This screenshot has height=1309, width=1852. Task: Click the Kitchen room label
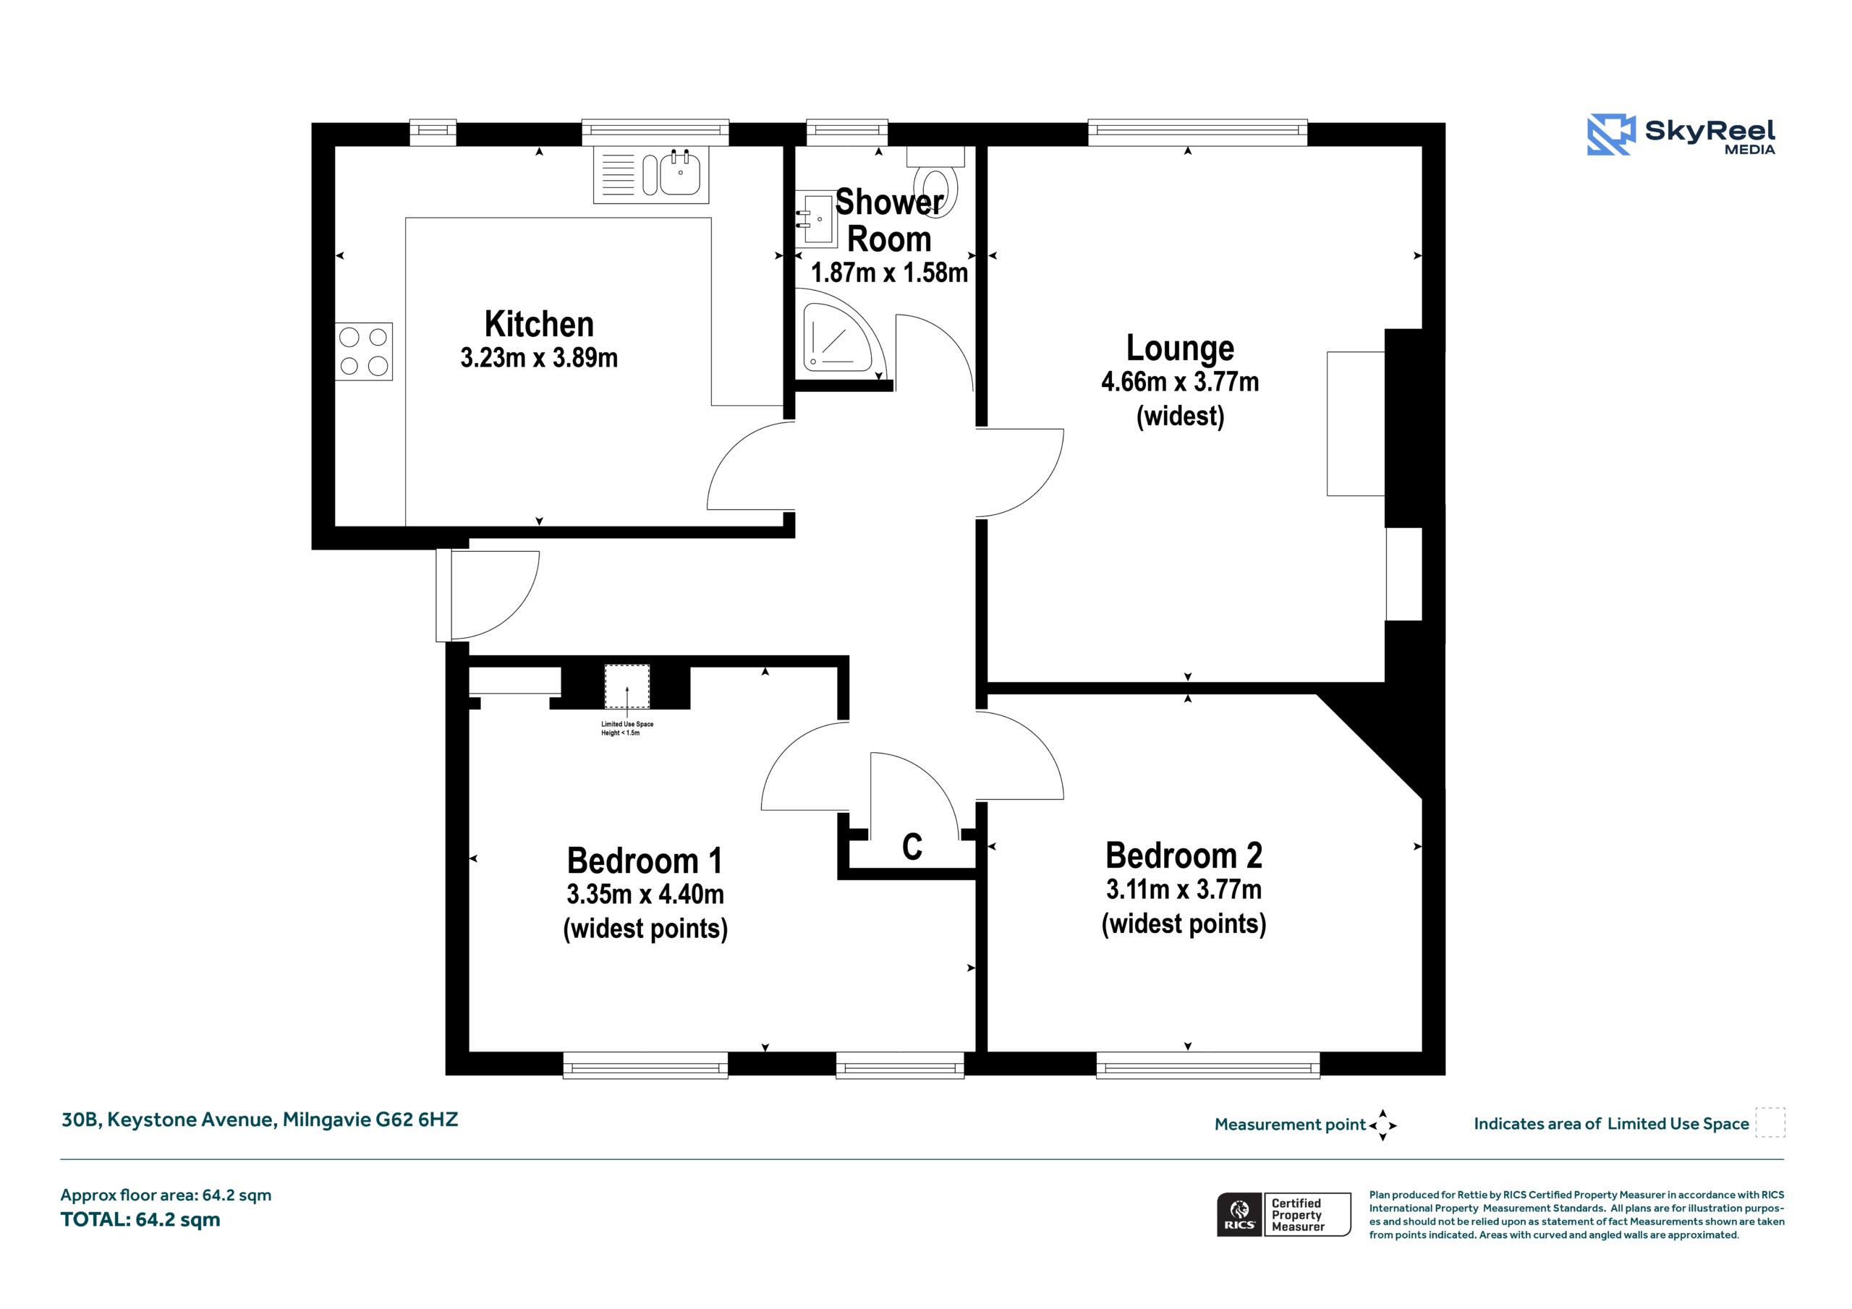tap(539, 324)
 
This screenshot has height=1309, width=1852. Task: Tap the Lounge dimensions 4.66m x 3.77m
tap(1180, 381)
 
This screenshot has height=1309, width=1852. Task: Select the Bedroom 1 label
tap(645, 861)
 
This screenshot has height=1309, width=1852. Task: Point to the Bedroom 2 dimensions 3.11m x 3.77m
tap(1184, 890)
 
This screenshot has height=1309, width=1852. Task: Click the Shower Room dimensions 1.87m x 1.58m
tap(889, 273)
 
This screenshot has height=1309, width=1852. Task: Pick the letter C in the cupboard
tap(912, 847)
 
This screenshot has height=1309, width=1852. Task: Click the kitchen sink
tap(651, 174)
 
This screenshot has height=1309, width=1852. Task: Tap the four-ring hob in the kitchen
tap(364, 351)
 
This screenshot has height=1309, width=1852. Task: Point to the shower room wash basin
tap(815, 218)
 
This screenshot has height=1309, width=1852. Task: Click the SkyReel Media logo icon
tap(1611, 134)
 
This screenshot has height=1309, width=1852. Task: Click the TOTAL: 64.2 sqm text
tap(140, 1219)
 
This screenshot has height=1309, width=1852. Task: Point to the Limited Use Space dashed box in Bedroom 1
tap(626, 687)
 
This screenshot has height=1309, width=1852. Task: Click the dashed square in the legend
tap(1770, 1122)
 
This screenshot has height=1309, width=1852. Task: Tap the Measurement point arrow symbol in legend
tap(1382, 1125)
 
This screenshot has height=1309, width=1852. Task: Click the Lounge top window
tap(1197, 132)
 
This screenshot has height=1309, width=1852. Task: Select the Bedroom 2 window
tap(1207, 1065)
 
